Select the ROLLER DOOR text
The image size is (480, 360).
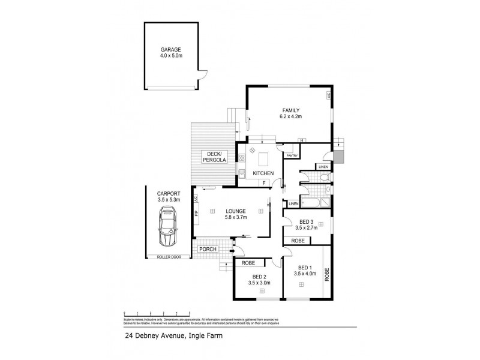tap(168, 257)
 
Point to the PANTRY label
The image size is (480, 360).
tap(292, 156)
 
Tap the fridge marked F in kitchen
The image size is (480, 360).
tap(263, 182)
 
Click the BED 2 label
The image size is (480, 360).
tap(259, 277)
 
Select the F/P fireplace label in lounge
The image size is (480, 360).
tap(196, 212)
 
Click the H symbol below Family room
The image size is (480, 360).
tap(302, 140)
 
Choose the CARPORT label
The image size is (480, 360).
tap(168, 194)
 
